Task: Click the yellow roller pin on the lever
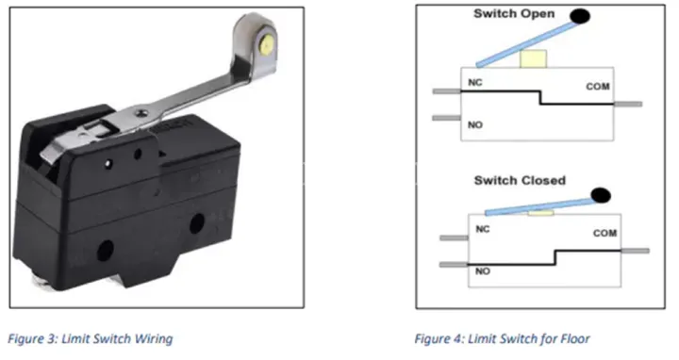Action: [x=268, y=44]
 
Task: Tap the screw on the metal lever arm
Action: [x=141, y=113]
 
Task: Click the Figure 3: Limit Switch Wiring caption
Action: [x=91, y=338]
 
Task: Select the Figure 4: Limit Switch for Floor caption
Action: [x=503, y=338]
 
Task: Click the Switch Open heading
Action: [x=514, y=14]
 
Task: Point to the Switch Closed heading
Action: [x=520, y=180]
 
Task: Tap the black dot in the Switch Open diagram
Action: [x=580, y=16]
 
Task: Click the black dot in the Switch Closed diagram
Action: [x=601, y=196]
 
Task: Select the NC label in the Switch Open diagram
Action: [x=475, y=82]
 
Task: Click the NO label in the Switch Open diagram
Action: [x=475, y=124]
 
